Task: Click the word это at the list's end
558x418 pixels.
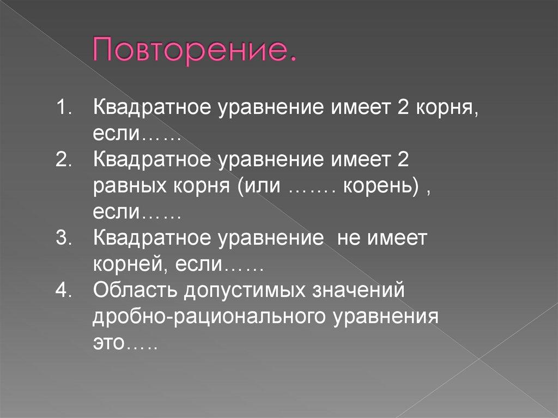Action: point(108,344)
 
